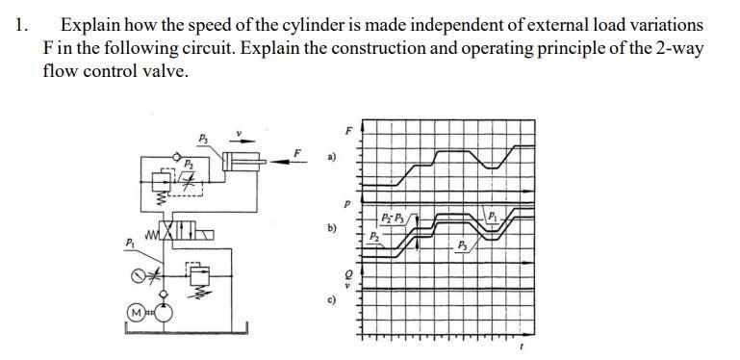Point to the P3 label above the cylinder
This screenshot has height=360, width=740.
202,139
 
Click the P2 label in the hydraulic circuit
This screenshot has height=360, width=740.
190,164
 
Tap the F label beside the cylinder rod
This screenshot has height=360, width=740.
298,151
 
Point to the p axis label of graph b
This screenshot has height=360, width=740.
348,203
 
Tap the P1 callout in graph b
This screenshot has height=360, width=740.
492,215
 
